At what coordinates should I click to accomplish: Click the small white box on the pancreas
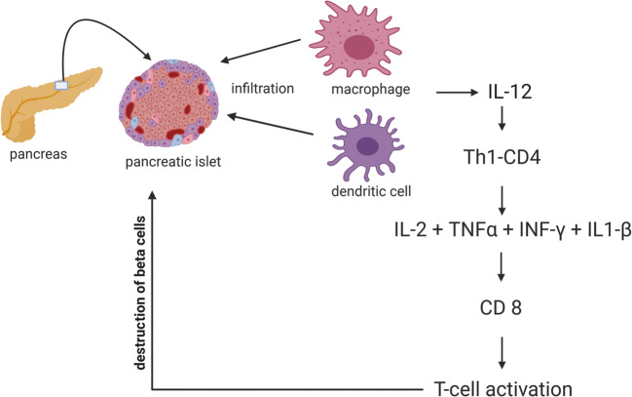click(x=61, y=86)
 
